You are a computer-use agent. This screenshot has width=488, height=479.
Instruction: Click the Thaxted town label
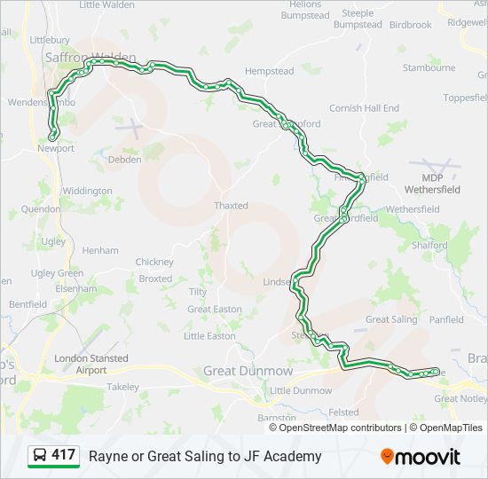[x=231, y=206]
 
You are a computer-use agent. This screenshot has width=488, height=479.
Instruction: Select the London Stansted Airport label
[x=91, y=364]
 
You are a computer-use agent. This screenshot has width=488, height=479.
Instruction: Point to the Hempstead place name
[x=269, y=70]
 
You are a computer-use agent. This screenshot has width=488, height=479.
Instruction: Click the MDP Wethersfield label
[x=433, y=184]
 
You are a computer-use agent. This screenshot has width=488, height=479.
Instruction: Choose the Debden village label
[x=124, y=160]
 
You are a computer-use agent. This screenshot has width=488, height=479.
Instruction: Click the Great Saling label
[x=391, y=319]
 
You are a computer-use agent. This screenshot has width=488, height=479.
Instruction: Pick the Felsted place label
[x=343, y=412]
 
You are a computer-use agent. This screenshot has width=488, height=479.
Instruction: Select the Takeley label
[x=123, y=387]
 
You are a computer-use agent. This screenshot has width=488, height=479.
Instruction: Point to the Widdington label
[x=87, y=191]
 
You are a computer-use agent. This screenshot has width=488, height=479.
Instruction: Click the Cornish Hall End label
[x=364, y=108]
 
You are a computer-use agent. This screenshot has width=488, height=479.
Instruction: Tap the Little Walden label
[x=107, y=4]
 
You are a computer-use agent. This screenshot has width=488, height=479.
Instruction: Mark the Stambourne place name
[x=429, y=67]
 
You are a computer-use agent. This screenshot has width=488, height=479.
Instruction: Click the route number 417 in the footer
[x=63, y=455]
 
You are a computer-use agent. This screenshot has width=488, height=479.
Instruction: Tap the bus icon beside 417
[x=40, y=456]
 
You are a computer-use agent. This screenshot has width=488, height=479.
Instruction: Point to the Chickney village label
[x=154, y=262]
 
